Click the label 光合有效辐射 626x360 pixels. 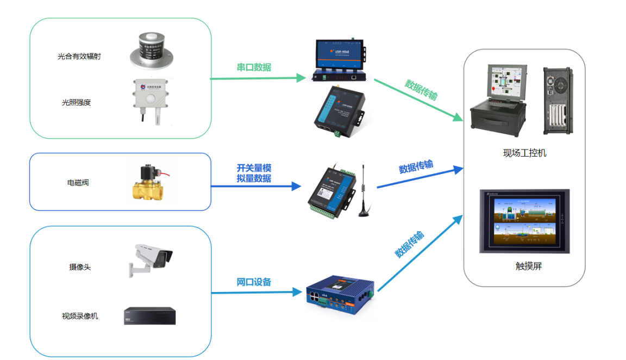(x=79, y=56)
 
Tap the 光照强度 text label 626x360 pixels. (x=76, y=102)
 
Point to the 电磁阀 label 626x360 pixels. (x=78, y=183)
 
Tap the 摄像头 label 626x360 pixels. (x=80, y=267)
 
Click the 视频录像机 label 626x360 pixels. (x=80, y=316)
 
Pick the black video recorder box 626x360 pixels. (x=150, y=316)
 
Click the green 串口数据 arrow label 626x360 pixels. (x=254, y=67)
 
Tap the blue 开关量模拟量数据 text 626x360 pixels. (x=254, y=173)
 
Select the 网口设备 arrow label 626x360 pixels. (x=254, y=282)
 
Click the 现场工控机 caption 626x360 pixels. (x=524, y=153)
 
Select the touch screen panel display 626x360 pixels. (x=524, y=221)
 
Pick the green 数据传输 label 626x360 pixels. (x=421, y=90)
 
